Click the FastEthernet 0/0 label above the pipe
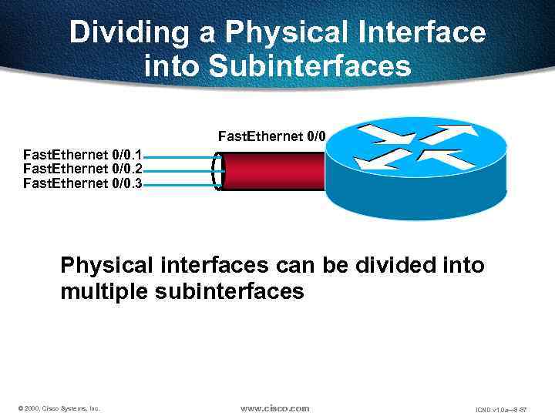point(272,136)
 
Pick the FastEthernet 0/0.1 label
point(82,155)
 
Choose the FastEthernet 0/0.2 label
point(82,169)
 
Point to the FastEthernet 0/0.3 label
point(82,183)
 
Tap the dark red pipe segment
point(274,170)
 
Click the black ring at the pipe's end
point(218,170)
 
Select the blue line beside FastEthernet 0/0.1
point(177,158)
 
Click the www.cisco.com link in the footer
point(274,408)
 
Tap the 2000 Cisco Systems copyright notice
point(59,408)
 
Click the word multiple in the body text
point(105,292)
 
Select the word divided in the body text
point(394,266)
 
